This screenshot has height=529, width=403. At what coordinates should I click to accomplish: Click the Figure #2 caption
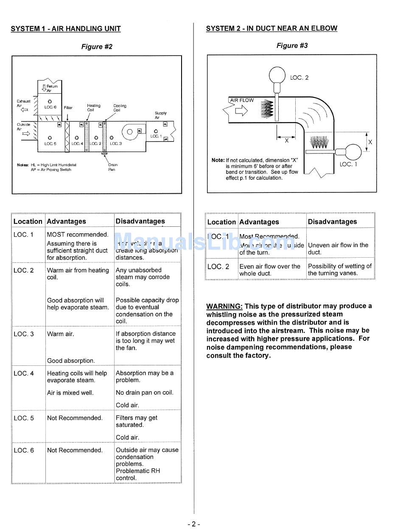click(97, 47)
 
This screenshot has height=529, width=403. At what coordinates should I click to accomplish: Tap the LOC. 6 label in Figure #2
click(50, 107)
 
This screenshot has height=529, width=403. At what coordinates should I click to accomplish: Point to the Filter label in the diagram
click(68, 108)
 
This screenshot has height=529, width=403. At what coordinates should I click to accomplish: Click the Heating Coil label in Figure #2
click(93, 108)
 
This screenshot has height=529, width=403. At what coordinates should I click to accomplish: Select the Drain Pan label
click(112, 167)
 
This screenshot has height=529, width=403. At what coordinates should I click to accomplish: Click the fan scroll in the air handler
click(129, 132)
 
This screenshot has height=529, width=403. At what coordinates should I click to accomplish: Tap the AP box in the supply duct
click(165, 139)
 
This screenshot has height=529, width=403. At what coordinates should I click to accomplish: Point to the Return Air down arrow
click(44, 88)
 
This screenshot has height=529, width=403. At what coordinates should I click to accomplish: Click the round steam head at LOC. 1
click(353, 151)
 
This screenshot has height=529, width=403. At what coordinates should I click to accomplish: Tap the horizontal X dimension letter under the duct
click(287, 140)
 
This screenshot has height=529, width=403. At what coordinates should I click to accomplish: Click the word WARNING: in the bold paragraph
click(224, 306)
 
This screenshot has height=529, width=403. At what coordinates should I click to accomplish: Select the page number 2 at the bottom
click(193, 524)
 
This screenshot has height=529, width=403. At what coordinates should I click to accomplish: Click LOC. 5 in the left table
click(23, 418)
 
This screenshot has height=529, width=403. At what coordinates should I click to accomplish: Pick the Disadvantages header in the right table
click(332, 222)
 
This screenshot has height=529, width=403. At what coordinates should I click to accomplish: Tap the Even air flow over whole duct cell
click(270, 270)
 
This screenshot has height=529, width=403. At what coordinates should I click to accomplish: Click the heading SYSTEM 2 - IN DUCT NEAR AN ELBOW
click(271, 28)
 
